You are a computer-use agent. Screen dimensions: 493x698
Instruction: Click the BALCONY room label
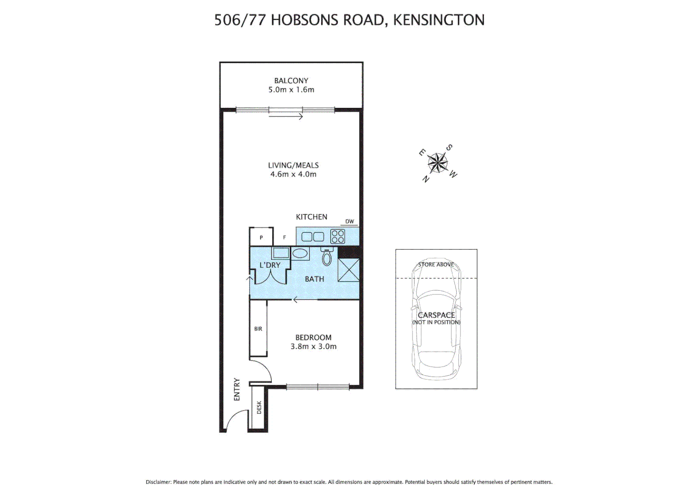click(291, 81)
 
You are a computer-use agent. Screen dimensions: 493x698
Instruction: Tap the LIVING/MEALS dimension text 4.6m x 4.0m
click(293, 174)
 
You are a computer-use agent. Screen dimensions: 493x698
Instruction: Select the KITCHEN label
click(312, 217)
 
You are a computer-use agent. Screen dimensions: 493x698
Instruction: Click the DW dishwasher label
click(349, 221)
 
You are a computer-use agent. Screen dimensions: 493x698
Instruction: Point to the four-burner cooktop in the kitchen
click(338, 236)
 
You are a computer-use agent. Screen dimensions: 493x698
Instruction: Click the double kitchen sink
click(312, 236)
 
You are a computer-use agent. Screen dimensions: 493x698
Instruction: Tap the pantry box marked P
click(261, 237)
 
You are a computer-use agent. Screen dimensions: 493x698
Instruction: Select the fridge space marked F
click(285, 237)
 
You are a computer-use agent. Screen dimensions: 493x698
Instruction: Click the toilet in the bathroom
click(327, 257)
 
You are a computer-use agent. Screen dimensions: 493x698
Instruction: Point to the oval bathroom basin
click(300, 253)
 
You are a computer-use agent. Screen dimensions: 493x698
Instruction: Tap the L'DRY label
click(270, 265)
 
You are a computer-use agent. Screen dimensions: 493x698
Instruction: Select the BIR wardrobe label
click(258, 329)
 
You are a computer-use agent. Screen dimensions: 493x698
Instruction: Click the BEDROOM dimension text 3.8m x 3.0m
click(313, 346)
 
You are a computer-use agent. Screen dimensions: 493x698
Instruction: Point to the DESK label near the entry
click(259, 407)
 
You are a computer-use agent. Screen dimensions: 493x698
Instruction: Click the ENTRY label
click(237, 389)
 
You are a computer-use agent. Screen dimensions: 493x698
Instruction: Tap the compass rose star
click(438, 163)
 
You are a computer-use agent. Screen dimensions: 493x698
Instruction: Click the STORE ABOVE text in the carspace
click(436, 264)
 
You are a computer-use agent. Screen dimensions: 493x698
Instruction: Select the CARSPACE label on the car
click(436, 315)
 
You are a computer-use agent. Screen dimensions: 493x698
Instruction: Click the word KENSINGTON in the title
click(439, 20)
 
